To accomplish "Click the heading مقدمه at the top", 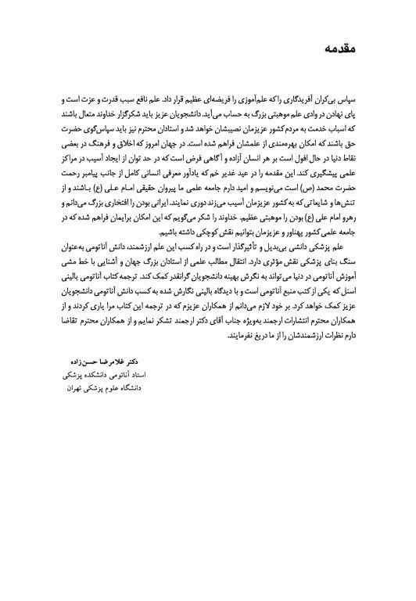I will [339, 49].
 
